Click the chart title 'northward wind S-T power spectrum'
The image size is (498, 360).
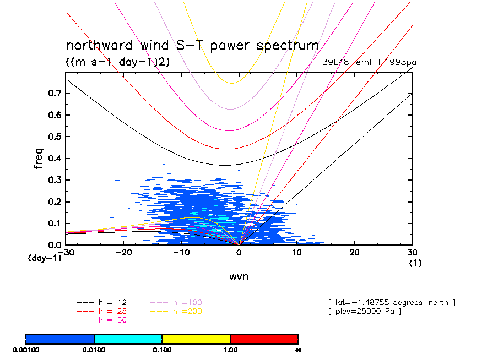(192, 45)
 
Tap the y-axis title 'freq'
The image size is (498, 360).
(39, 156)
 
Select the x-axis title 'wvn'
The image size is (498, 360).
(239, 276)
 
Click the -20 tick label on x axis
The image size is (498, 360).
(123, 252)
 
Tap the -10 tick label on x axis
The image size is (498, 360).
(181, 252)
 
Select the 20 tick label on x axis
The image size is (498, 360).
(354, 252)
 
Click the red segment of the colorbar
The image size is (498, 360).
(264, 339)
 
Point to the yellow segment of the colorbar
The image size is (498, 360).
(196, 339)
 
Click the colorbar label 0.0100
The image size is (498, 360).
(94, 350)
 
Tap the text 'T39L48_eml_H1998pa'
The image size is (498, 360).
(367, 62)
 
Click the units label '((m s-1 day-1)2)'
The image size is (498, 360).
(118, 62)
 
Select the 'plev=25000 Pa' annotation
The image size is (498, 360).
(365, 312)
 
